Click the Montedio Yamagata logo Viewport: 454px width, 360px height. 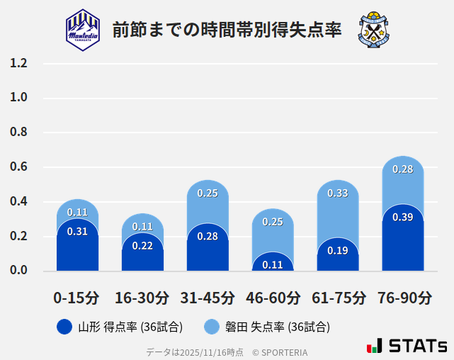tap(83, 29)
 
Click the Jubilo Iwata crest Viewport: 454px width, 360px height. tap(374, 29)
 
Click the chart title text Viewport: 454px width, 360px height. tap(227, 30)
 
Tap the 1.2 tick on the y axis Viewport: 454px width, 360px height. tap(19, 64)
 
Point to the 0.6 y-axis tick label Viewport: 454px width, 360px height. tap(19, 167)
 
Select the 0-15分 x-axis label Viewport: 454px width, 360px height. tap(77, 298)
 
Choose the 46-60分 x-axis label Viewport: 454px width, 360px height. tap(273, 298)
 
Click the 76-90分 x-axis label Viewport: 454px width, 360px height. tap(403, 298)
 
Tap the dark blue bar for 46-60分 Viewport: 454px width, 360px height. tap(273, 262)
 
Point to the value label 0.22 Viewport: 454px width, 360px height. tap(142, 246)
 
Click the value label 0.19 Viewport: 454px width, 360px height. tap(338, 250)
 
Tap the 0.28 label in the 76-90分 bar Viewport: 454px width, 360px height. tap(403, 169)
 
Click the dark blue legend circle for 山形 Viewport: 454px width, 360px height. tap(64, 327)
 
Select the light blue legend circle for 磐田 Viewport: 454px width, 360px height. tap(212, 327)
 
